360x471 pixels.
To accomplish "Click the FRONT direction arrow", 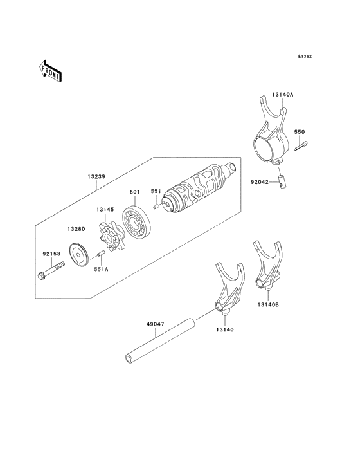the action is [x=50, y=71].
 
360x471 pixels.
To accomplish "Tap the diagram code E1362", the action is [x=305, y=56].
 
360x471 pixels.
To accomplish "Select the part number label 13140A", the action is [x=283, y=95].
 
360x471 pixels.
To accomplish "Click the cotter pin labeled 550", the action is [x=301, y=145].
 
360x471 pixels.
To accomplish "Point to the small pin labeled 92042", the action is [x=282, y=182].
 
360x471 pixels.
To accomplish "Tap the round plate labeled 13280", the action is [x=79, y=255].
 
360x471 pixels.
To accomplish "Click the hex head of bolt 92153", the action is [x=42, y=275].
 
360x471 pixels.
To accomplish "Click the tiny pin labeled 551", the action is [x=156, y=207].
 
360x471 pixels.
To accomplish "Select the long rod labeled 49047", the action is [x=160, y=340].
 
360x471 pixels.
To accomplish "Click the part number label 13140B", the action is [x=268, y=304].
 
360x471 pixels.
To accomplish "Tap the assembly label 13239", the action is [x=96, y=176].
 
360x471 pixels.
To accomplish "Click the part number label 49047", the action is [x=155, y=324].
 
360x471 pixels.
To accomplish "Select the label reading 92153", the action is [x=51, y=254].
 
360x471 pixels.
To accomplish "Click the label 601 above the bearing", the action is [x=135, y=192].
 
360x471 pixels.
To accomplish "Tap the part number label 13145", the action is [x=105, y=209].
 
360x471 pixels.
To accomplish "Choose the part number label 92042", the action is [x=260, y=182].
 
